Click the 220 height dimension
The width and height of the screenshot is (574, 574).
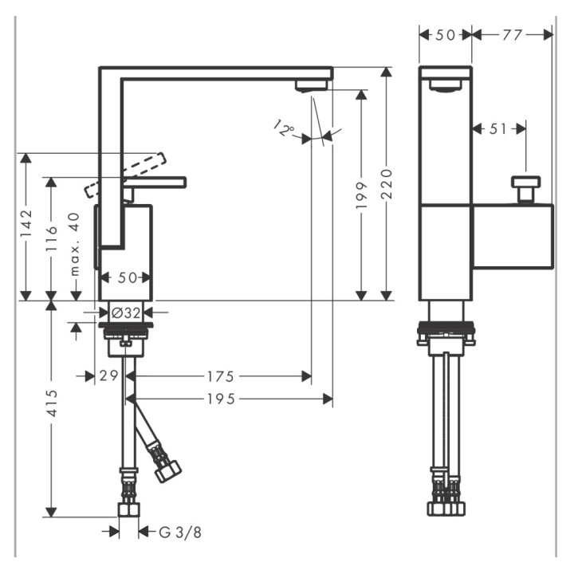[x=387, y=185]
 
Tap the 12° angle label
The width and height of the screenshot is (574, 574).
[x=282, y=128]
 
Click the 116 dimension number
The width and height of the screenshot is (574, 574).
[x=52, y=239]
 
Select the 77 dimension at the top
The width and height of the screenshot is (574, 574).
[x=513, y=34]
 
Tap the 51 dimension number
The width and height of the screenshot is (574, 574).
[x=497, y=128]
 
